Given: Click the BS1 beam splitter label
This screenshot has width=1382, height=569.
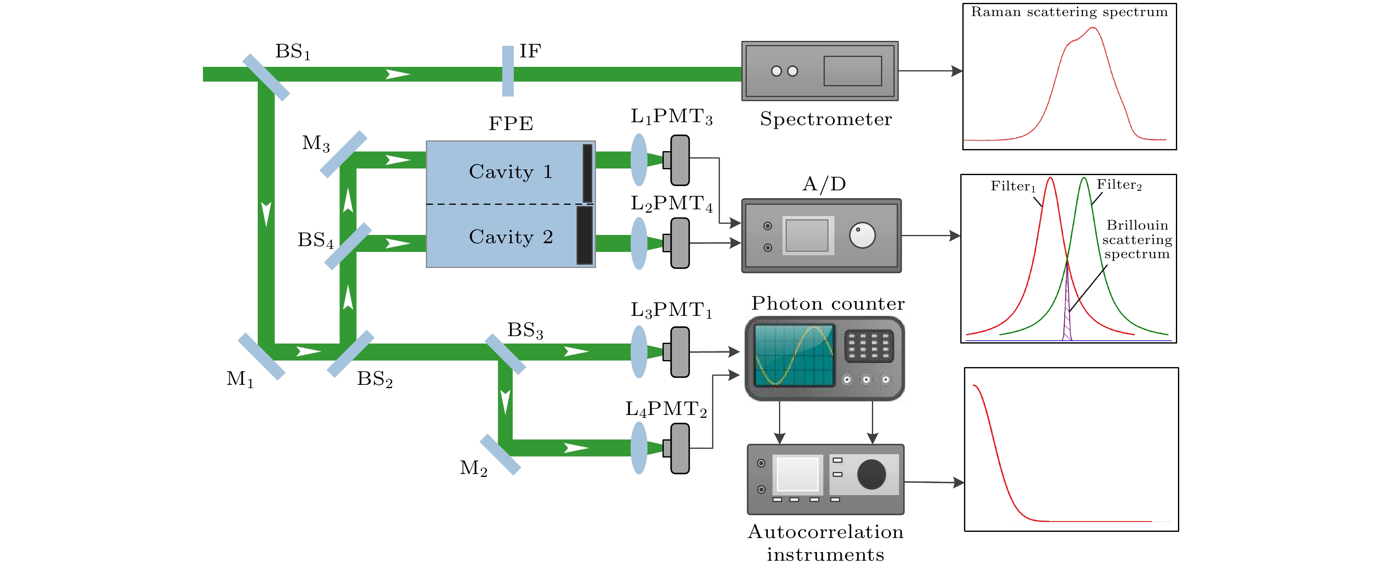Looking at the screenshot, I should click(x=292, y=52).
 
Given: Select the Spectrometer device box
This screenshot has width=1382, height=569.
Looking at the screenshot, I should click(x=819, y=71).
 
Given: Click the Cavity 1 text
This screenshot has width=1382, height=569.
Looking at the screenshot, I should click(x=510, y=172).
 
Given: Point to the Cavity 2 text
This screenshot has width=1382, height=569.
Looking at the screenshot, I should click(x=510, y=237).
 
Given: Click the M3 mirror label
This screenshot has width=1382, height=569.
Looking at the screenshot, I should click(x=316, y=143).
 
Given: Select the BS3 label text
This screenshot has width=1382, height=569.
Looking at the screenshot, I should click(x=525, y=330).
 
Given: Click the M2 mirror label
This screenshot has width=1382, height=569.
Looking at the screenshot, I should click(x=473, y=468).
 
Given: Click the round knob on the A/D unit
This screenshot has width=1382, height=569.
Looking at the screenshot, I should click(x=862, y=235).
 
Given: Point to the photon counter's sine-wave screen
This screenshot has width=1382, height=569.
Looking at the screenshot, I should click(x=794, y=355).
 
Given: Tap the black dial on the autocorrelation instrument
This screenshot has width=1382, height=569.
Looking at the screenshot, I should click(x=871, y=474).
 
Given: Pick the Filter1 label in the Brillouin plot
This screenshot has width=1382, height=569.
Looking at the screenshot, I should click(x=1012, y=187).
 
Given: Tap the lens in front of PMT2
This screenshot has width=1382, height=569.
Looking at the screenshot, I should click(x=639, y=448).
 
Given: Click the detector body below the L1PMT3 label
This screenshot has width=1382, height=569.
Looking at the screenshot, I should click(x=679, y=160).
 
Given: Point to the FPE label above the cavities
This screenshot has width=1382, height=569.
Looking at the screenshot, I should click(x=510, y=124).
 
